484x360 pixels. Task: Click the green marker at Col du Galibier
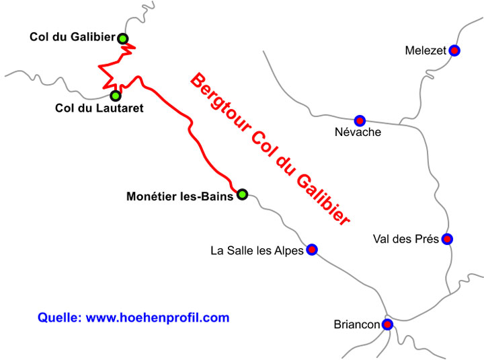[x=123, y=38]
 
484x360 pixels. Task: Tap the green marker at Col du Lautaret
[x=116, y=96]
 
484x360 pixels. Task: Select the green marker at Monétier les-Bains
[x=242, y=194]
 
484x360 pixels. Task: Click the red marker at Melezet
[x=454, y=50]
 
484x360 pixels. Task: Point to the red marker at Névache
[x=360, y=120]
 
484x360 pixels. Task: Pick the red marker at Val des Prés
[x=447, y=239]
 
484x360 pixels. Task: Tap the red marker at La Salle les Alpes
[x=312, y=250]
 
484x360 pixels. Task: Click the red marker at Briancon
[x=387, y=324]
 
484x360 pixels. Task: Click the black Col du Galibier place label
[x=72, y=37]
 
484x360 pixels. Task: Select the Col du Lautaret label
[x=99, y=108]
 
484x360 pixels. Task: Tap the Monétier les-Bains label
[x=179, y=196]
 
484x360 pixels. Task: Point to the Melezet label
[x=426, y=50]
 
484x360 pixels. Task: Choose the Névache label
[x=358, y=133]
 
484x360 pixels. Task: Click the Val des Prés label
[x=405, y=239]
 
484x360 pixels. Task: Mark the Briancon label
[x=357, y=324]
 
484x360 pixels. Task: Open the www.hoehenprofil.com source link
[x=158, y=318]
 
